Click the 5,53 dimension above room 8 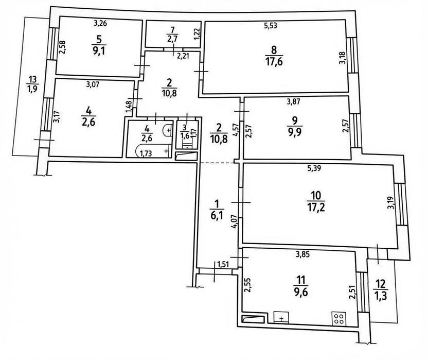(270, 26)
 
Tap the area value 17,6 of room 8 (274, 61)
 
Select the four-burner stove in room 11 (338, 319)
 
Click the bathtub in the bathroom (153, 151)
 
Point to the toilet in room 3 (187, 143)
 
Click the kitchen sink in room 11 (281, 317)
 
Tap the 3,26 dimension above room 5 (100, 23)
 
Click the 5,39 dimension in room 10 (314, 168)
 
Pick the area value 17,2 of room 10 (316, 208)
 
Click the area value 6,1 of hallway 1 (217, 216)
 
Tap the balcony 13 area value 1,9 (32, 89)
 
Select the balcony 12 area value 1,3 (381, 296)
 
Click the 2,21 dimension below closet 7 (183, 56)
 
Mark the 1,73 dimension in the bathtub (146, 153)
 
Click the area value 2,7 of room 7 (172, 38)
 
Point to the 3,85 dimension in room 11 (302, 254)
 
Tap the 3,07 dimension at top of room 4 (93, 85)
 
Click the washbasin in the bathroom (167, 130)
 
